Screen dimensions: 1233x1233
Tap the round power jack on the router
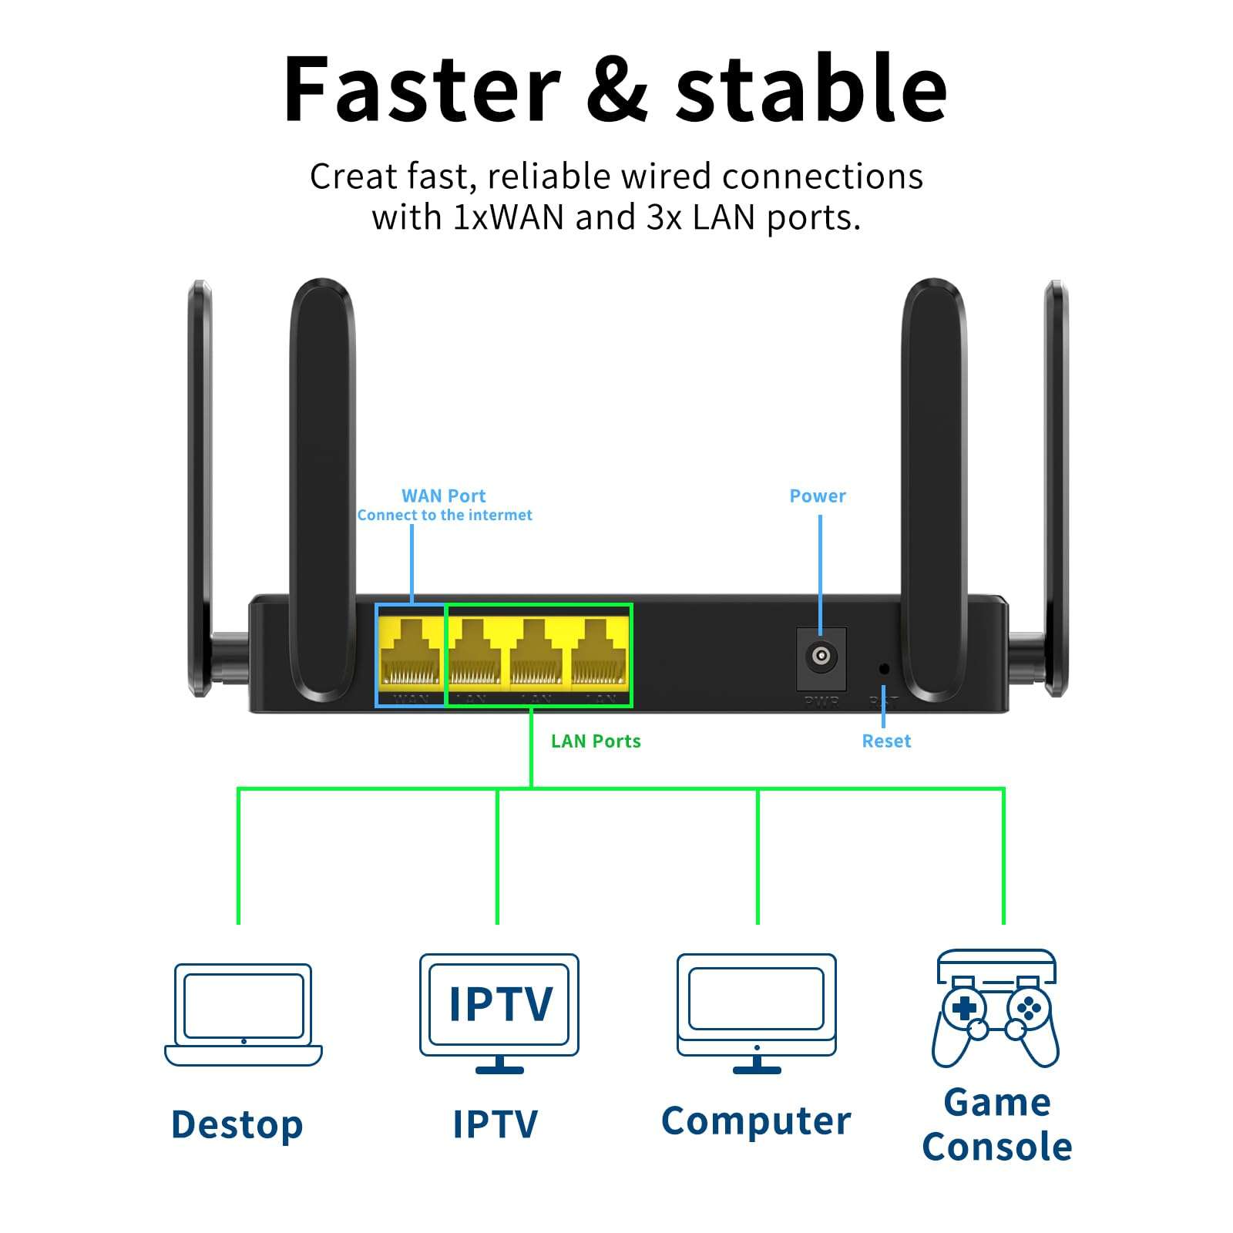coord(821,657)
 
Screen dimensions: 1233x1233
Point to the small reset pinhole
coord(884,668)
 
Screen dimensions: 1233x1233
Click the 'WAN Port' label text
coord(443,496)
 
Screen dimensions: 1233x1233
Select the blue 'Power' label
coord(817,496)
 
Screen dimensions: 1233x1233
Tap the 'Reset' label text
coord(885,741)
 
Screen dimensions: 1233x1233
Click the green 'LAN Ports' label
coord(595,741)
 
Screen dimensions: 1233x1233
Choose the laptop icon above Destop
coord(244,1014)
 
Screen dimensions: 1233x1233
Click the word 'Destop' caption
coord(237,1124)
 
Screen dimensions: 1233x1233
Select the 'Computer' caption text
coord(756,1120)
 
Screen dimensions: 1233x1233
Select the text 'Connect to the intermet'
coord(444,515)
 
